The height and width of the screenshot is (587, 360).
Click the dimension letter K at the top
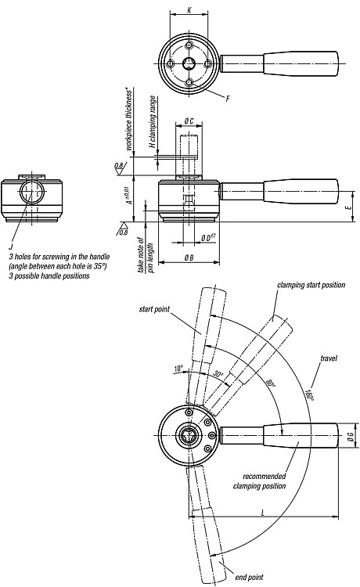[189, 10]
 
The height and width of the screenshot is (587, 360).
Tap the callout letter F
[228, 99]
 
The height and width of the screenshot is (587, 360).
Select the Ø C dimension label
[189, 121]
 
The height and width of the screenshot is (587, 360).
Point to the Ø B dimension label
[189, 257]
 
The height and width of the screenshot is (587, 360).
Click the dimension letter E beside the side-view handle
[350, 207]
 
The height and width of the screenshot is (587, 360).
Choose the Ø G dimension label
[351, 436]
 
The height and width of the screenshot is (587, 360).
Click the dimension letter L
[263, 513]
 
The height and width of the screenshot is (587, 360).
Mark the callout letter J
[11, 247]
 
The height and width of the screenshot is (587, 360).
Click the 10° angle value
[178, 369]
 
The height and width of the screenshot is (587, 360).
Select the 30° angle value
[218, 374]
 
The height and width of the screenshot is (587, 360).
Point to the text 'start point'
[154, 309]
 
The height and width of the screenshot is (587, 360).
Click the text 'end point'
[249, 578]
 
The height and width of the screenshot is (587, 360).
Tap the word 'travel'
[329, 358]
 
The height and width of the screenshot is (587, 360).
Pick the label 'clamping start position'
[311, 285]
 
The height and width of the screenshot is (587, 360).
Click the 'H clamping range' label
[153, 122]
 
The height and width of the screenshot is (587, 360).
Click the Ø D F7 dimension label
[207, 237]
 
